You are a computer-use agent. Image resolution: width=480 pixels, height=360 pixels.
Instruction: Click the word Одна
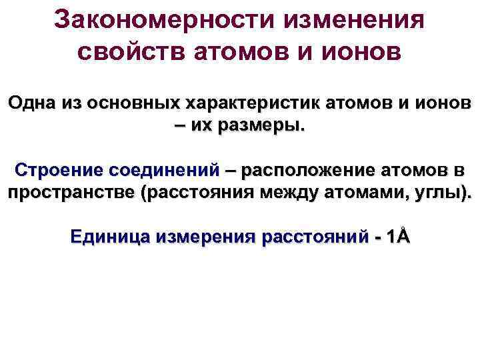(x=30, y=105)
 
